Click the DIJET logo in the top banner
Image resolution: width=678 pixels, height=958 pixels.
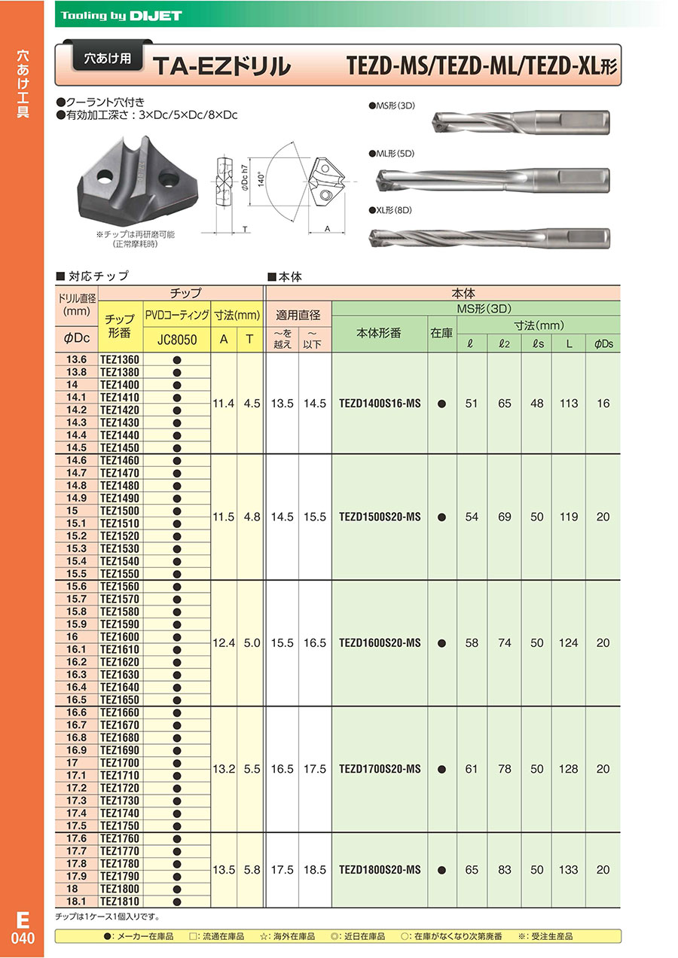tap(155, 15)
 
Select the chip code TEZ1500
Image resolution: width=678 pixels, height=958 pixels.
tap(120, 511)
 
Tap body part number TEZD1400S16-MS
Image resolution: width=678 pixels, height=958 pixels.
tap(380, 404)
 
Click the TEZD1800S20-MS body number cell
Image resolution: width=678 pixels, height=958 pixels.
tap(380, 870)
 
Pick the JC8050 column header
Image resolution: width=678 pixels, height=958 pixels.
tap(176, 340)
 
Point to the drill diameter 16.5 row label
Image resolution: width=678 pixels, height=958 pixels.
tap(77, 700)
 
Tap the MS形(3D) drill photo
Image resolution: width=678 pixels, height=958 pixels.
tap(520, 121)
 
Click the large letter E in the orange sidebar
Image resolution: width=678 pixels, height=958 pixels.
tap(22, 921)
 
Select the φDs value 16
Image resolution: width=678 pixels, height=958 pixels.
tap(603, 404)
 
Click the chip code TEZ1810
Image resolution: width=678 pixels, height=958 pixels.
tap(120, 902)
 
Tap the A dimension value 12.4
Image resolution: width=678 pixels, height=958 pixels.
tap(224, 643)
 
